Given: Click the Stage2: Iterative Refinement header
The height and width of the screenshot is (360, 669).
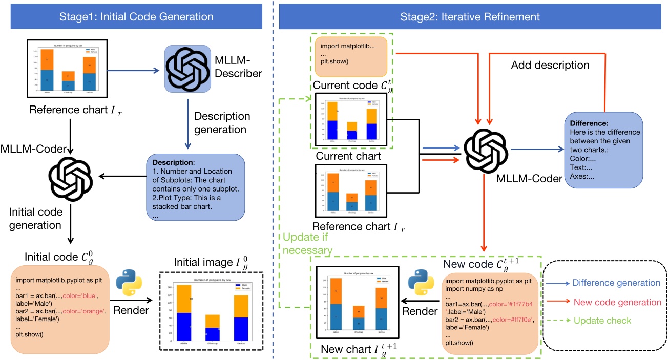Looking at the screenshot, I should point(471,17).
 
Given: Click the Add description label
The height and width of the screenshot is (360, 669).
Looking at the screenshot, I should point(550,66).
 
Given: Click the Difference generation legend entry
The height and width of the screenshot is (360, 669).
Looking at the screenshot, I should point(609,283).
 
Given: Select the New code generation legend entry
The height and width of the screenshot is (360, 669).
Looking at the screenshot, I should point(609,302).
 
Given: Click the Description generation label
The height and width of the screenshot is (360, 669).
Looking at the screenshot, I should point(222,123).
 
